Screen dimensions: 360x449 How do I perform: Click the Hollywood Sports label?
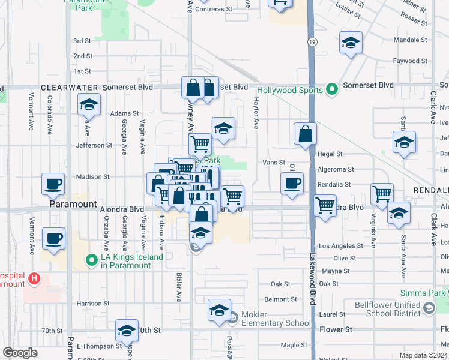[x=286, y=91]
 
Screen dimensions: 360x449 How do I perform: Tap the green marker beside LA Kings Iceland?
[x=91, y=260]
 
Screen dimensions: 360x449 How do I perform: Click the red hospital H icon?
[x=34, y=279]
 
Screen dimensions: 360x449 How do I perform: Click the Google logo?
[x=20, y=353]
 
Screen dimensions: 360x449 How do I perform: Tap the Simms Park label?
[x=423, y=293]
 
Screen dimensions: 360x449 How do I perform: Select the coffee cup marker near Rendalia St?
[x=292, y=183]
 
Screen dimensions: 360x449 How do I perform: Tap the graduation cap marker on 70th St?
[x=127, y=330]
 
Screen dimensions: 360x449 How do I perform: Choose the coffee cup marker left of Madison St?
[x=53, y=183]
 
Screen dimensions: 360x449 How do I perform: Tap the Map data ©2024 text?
[x=423, y=355]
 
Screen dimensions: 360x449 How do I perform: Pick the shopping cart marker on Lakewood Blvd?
[x=325, y=206]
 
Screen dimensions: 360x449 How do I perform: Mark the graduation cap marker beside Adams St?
[x=89, y=106]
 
